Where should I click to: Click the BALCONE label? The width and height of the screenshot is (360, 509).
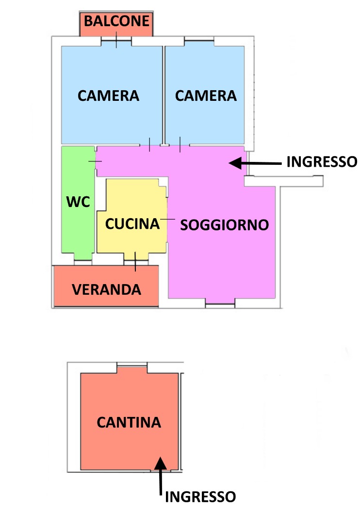click(x=116, y=21)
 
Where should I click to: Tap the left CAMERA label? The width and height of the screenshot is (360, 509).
click(x=109, y=96)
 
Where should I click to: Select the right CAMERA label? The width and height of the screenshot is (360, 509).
click(x=206, y=96)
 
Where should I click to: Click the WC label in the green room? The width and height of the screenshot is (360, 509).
click(x=78, y=202)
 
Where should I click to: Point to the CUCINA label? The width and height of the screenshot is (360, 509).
click(x=132, y=224)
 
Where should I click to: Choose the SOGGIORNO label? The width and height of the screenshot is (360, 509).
click(x=225, y=225)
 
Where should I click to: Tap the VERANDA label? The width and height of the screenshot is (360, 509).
click(x=107, y=289)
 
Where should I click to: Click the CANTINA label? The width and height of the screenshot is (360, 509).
click(x=129, y=422)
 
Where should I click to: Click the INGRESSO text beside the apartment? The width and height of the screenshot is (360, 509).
click(x=322, y=161)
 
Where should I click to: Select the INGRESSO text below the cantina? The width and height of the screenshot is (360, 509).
click(x=200, y=497)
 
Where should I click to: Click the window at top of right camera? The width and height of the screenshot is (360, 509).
click(x=199, y=41)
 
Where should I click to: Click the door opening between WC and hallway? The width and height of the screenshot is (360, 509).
click(x=95, y=161)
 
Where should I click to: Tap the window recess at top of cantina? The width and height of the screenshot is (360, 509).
click(x=131, y=368)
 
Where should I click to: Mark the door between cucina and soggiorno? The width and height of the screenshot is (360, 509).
click(x=167, y=220)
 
